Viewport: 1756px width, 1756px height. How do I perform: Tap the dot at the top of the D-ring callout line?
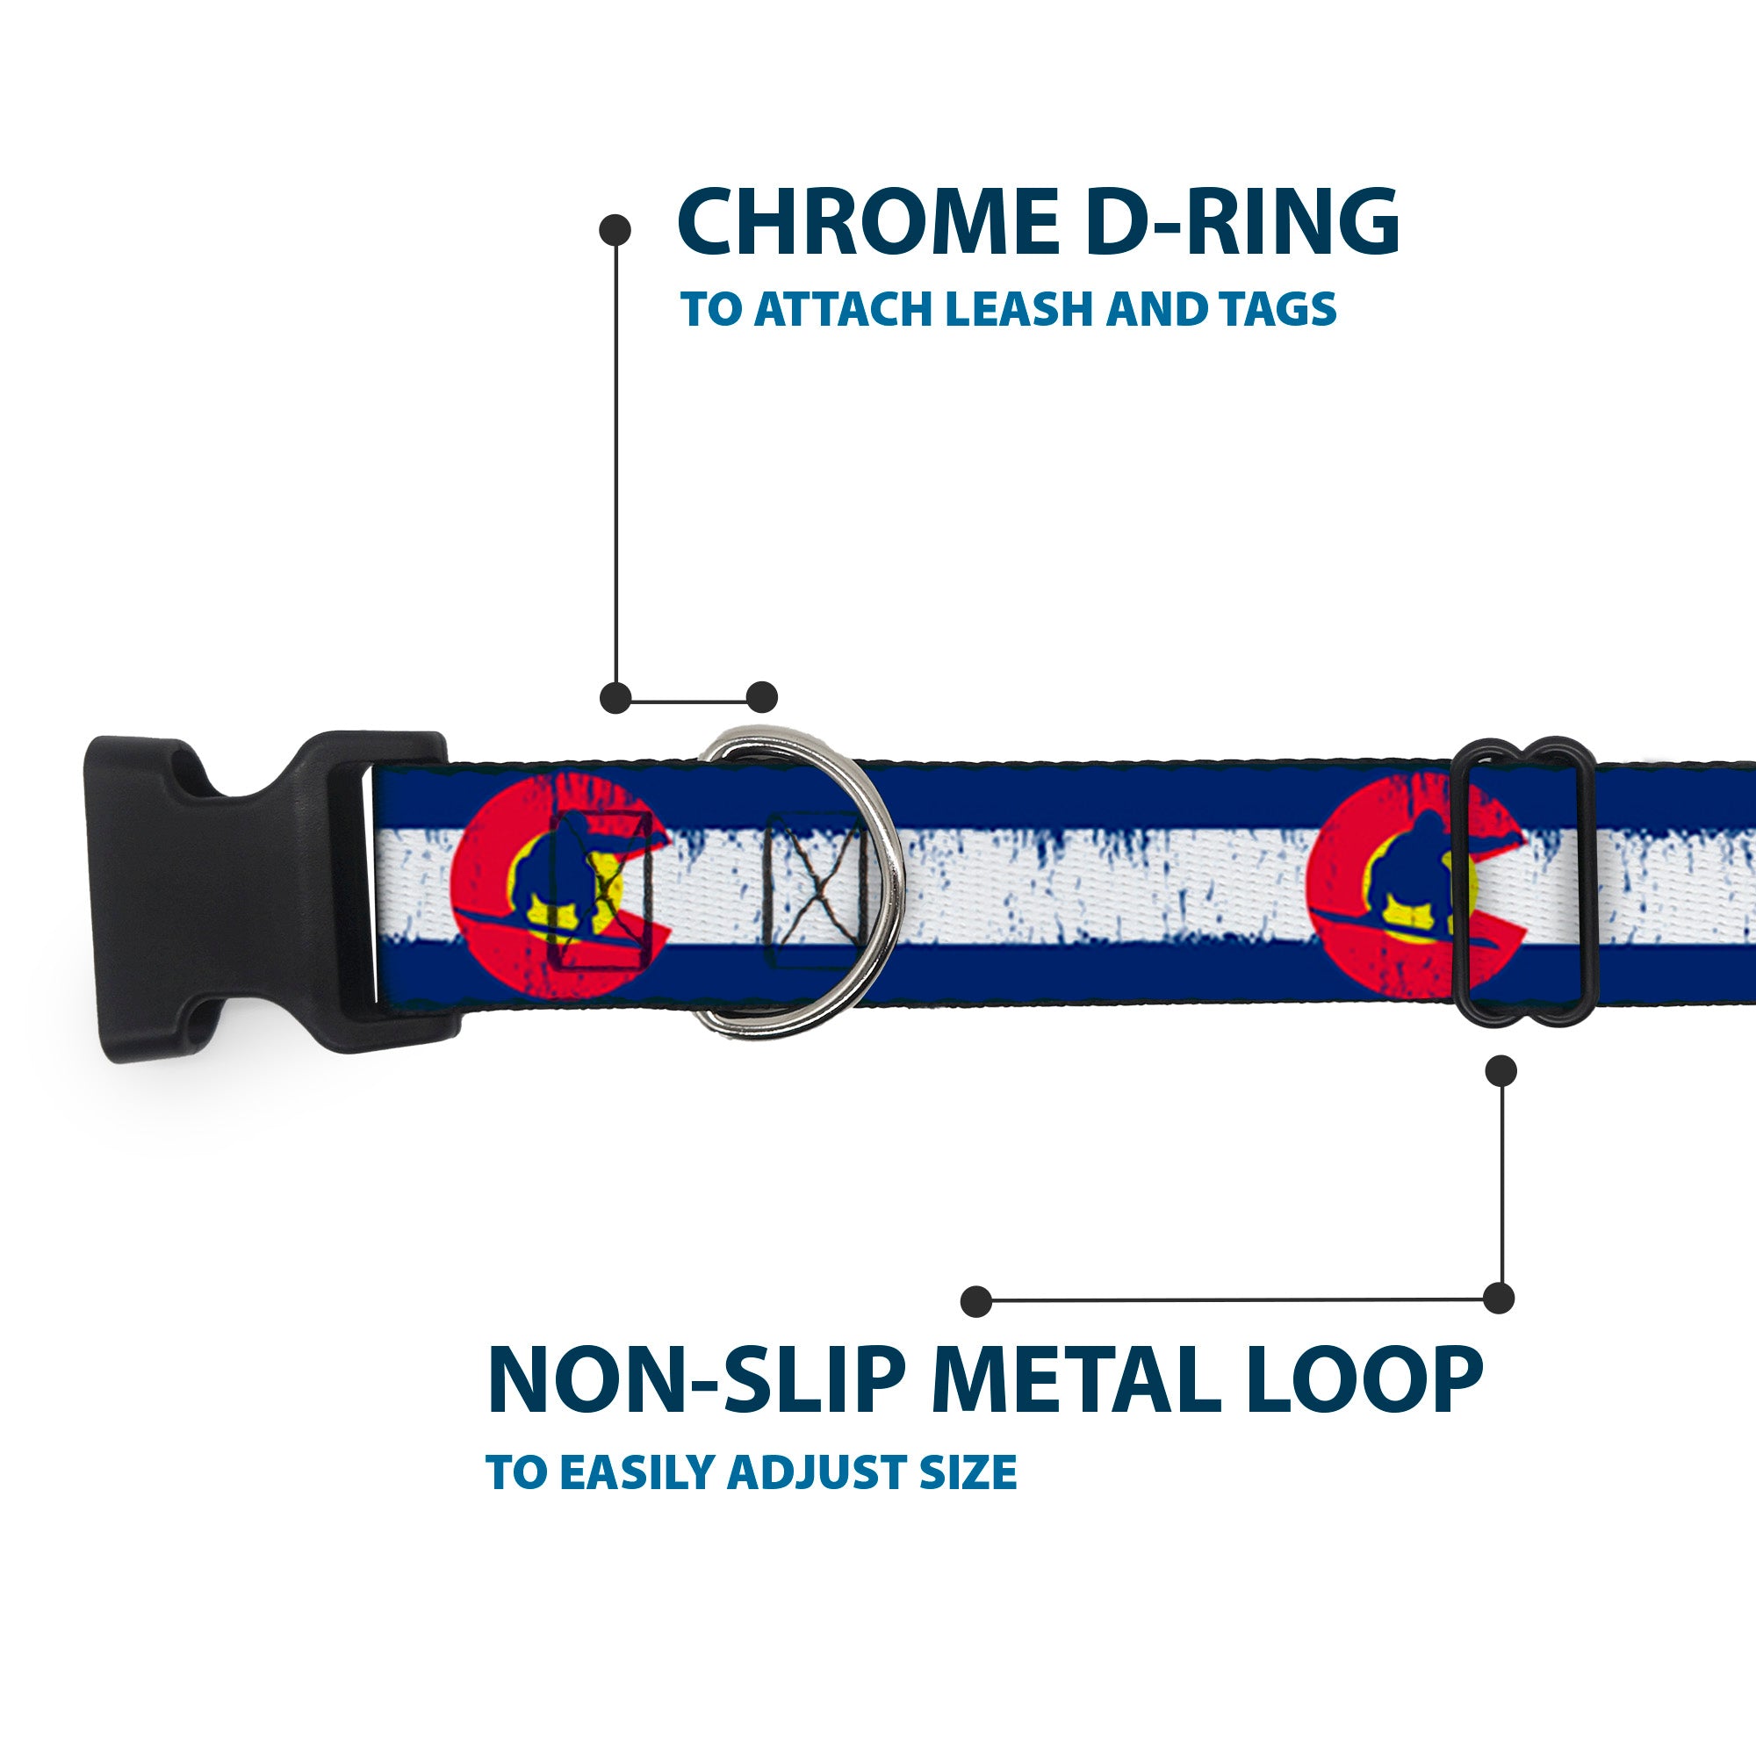(x=615, y=230)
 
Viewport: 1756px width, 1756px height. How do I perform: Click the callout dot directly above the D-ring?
(x=761, y=698)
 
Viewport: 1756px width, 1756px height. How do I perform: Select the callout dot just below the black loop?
(x=1501, y=1071)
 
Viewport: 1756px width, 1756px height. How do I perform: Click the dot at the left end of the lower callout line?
(x=976, y=1300)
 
